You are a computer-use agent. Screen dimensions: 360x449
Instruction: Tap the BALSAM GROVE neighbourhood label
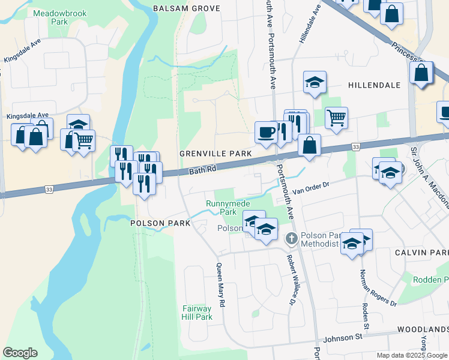coord(186,8)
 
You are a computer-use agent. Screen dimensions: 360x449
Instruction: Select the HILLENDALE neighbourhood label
coord(374,85)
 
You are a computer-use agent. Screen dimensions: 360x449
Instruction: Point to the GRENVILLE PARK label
coord(215,154)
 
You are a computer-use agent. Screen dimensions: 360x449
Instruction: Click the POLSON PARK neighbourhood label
coord(160,223)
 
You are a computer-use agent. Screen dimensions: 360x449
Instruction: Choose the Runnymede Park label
coord(221,208)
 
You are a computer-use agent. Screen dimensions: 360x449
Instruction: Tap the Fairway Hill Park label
coord(197,313)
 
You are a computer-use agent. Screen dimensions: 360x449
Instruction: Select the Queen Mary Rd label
coord(220,286)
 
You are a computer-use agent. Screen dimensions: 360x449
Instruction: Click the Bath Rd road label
coord(202,171)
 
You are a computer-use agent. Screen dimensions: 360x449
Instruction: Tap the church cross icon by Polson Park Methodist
coord(291,239)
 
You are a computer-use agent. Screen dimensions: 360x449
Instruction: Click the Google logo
coord(20,353)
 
